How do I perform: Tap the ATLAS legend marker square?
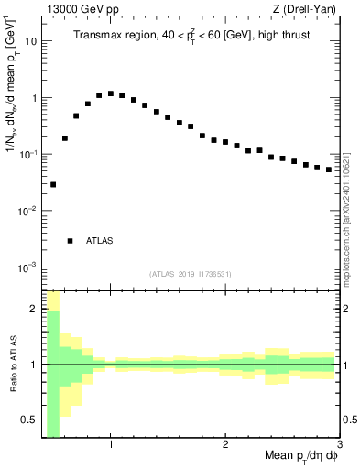[70, 241]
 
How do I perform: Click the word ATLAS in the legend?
[100, 241]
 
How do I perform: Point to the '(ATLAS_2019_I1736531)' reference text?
[191, 274]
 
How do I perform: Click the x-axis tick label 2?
[225, 445]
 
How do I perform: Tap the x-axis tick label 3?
[339, 445]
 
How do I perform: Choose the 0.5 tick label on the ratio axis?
[28, 420]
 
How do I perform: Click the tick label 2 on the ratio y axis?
[34, 309]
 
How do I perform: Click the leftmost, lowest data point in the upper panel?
[53, 184]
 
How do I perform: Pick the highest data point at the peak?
[111, 93]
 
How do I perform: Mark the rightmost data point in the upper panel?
[329, 169]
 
